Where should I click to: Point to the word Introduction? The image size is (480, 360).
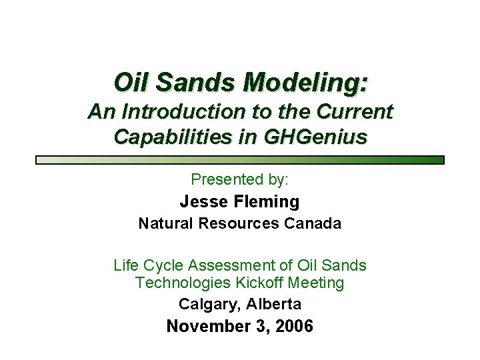(187, 111)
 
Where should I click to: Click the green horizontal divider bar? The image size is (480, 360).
(240, 160)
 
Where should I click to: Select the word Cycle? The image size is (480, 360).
(163, 265)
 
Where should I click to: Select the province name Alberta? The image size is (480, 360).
(273, 305)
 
